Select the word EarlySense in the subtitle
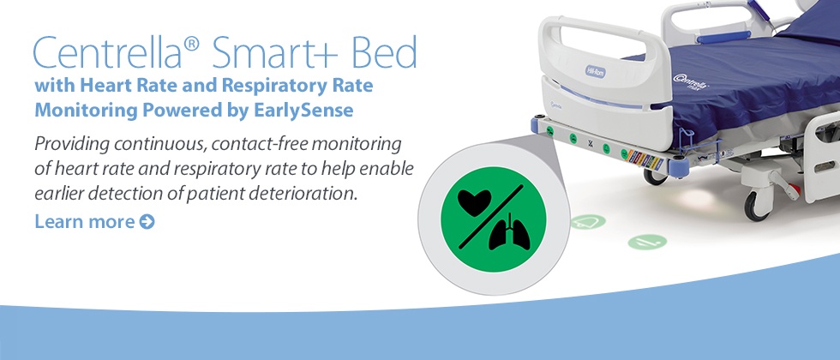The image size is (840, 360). tap(301, 111)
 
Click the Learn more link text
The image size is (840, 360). tap(85, 221)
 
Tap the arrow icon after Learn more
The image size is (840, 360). tap(147, 222)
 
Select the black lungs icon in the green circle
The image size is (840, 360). tap(508, 232)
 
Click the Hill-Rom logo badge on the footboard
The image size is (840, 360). tap(595, 71)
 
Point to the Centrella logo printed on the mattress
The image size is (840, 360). tap(691, 81)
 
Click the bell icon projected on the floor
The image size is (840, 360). tap(588, 221)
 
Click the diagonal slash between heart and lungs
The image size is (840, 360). tap(491, 217)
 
